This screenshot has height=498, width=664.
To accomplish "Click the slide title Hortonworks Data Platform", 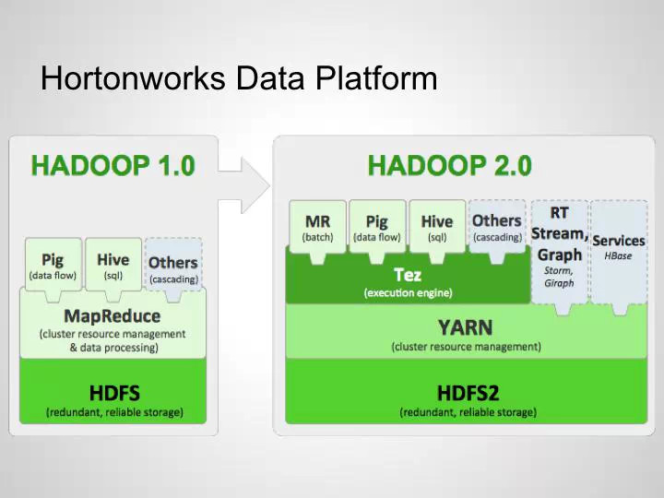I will [x=239, y=77].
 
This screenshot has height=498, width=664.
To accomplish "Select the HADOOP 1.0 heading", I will [x=113, y=166].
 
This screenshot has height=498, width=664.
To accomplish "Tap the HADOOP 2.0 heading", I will [x=449, y=166].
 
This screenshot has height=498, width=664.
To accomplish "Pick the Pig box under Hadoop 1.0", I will [x=52, y=265].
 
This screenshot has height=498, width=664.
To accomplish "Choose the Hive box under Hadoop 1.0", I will [x=113, y=265].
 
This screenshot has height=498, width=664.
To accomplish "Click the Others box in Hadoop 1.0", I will [x=173, y=267].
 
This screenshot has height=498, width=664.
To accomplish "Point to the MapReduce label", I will [x=113, y=316].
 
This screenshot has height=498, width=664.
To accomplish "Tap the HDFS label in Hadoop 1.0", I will [x=114, y=393].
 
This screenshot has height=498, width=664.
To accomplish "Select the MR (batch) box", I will [x=317, y=227].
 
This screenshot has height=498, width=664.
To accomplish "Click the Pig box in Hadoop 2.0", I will [x=377, y=227].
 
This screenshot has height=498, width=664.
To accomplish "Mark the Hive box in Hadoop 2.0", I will [x=436, y=227].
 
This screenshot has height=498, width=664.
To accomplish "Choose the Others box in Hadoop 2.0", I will [x=496, y=226].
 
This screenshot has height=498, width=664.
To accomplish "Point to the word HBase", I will [x=618, y=255].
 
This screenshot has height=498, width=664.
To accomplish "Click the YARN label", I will [x=465, y=327].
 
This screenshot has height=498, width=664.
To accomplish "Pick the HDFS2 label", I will [x=467, y=393].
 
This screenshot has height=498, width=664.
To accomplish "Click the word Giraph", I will [x=559, y=283].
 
